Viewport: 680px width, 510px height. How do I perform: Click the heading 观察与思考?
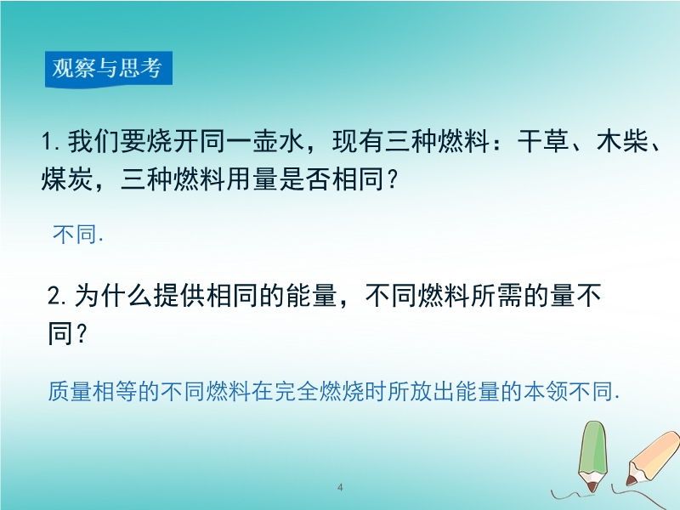click(x=107, y=68)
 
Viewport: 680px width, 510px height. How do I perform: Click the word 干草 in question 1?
click(x=543, y=141)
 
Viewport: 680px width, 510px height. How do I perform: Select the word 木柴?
click(x=623, y=141)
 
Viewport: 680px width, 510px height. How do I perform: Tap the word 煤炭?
click(x=67, y=178)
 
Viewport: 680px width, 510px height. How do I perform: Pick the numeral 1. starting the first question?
click(x=51, y=142)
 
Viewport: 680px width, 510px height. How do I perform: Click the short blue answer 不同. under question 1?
click(x=78, y=235)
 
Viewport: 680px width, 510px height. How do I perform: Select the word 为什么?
click(x=113, y=295)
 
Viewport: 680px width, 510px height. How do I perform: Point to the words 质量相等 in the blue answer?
click(x=93, y=391)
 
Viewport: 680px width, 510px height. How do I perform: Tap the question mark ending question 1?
click(x=391, y=178)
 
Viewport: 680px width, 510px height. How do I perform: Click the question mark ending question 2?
click(x=82, y=333)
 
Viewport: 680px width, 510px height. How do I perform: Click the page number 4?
click(x=340, y=487)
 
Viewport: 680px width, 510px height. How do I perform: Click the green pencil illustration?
click(x=592, y=456)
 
